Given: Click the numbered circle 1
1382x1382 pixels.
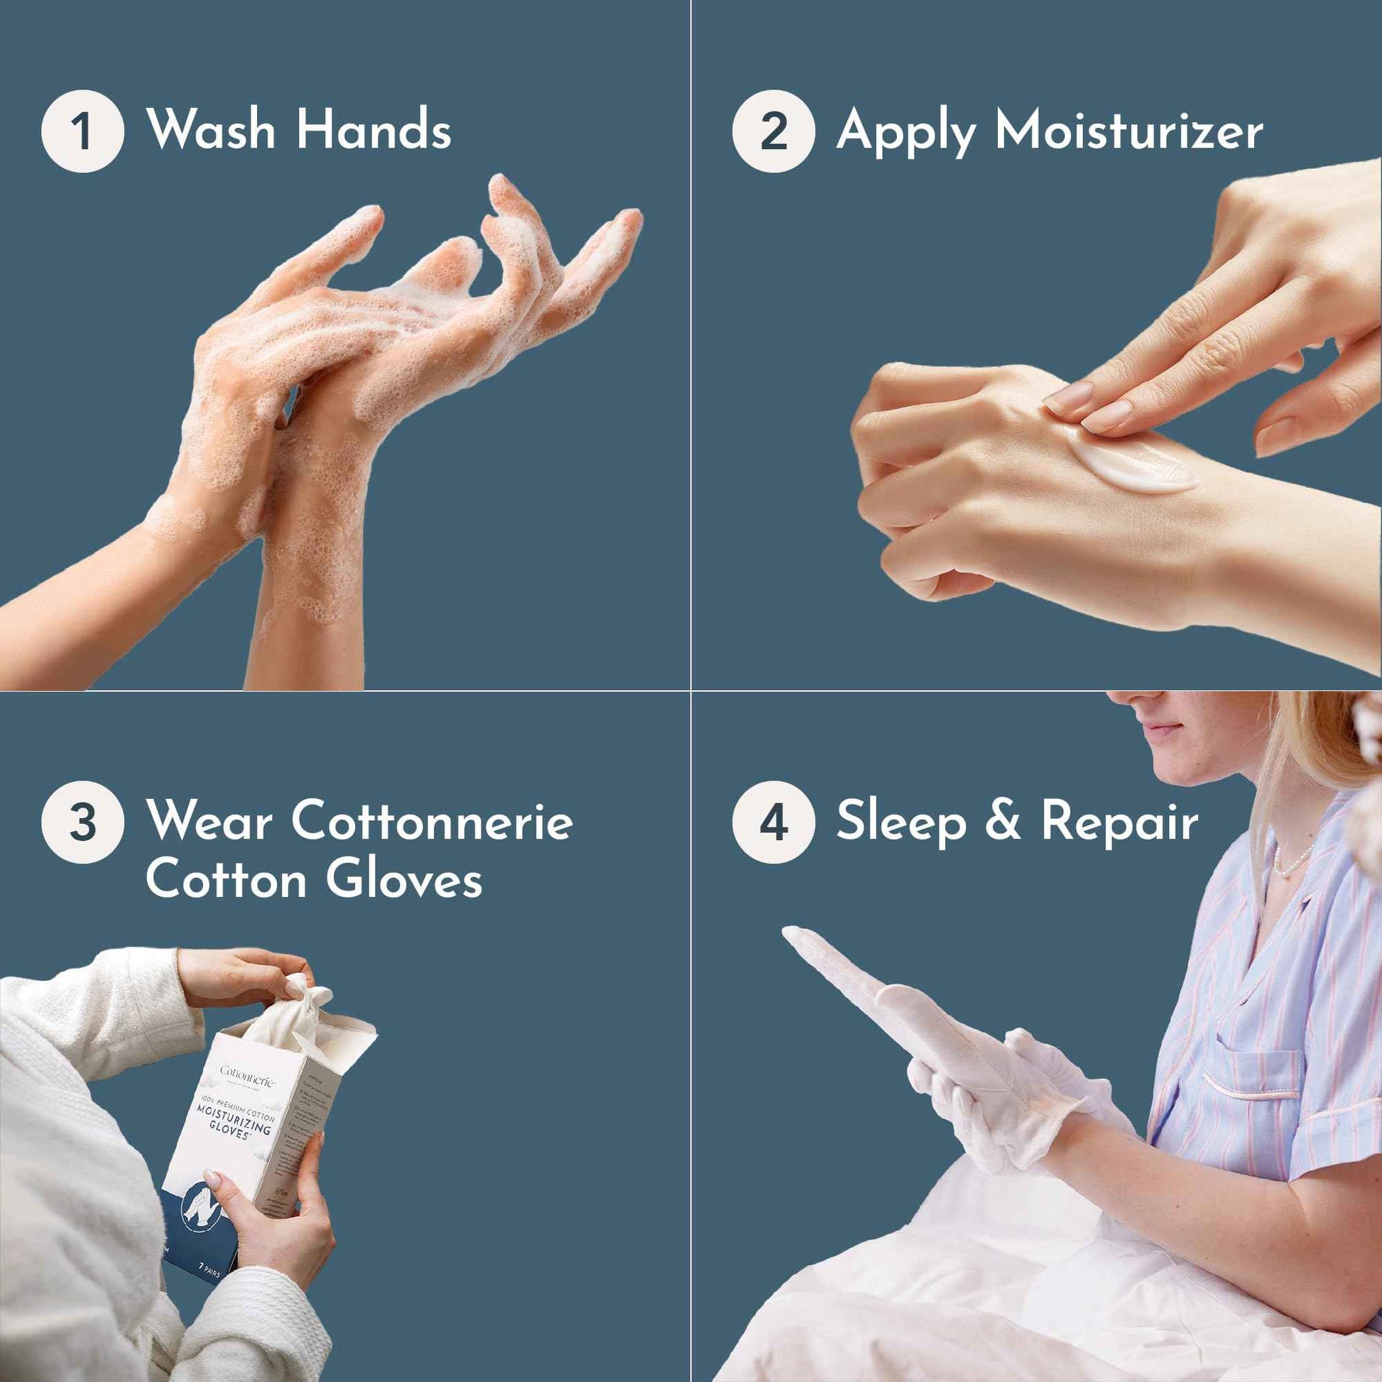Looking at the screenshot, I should point(82,131).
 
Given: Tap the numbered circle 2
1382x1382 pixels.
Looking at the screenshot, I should point(773,131).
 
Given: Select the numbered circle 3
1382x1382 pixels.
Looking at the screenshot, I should point(82,822).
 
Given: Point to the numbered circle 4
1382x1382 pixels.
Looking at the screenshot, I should point(773,822).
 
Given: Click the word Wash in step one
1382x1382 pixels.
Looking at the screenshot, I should point(211,130).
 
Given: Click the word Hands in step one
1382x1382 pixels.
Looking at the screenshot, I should point(374,130).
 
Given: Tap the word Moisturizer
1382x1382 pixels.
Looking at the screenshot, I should point(1128,131).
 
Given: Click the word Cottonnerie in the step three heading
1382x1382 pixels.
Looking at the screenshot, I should point(431,820).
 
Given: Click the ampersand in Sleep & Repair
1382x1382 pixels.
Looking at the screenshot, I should point(1003,821).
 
